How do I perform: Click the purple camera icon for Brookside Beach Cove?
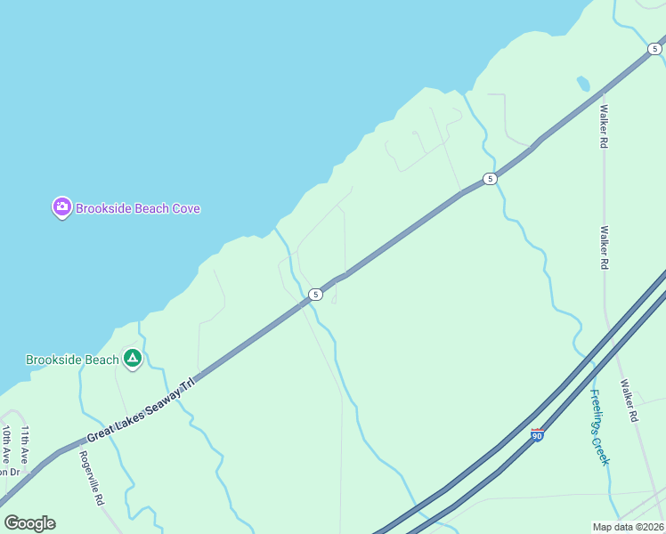pos(61,208)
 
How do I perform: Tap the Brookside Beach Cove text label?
pos(137,209)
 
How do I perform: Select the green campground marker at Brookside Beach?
pos(133,359)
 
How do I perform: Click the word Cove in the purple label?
pos(185,209)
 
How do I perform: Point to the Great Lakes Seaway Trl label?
pos(140,410)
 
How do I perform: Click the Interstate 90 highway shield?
pos(537,434)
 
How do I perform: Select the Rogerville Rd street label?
pos(91,477)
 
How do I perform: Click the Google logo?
pos(29,522)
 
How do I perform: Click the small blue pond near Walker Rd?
pos(583,84)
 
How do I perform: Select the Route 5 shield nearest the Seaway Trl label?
pos(315,294)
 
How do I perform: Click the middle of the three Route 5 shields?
pos(490,179)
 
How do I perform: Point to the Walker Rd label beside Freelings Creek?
pos(629,401)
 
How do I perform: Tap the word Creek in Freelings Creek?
pos(604,449)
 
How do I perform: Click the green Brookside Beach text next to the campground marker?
pos(72,360)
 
